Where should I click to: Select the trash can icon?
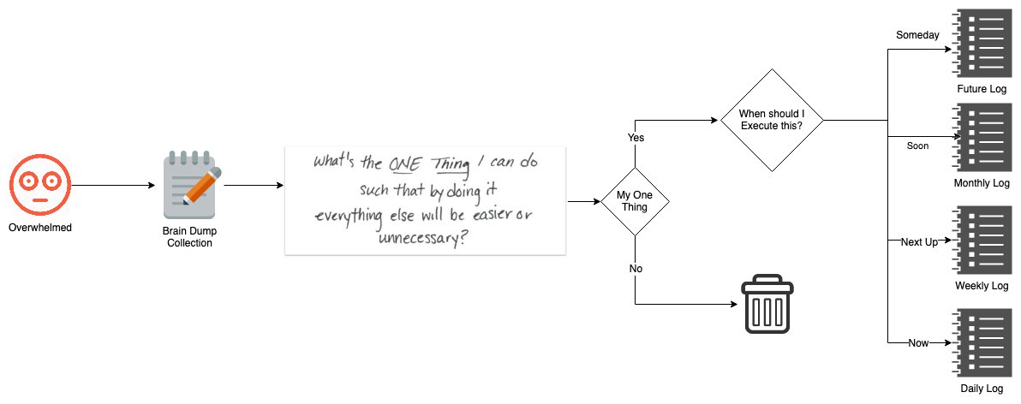tap(767, 304)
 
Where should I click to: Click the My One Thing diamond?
tap(635, 202)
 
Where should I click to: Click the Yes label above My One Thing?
tap(636, 137)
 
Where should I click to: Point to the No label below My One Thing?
tap(636, 269)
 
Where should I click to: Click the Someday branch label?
tap(917, 35)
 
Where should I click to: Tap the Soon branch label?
tap(917, 146)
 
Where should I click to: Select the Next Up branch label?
tap(919, 242)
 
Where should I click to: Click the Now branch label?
tap(918, 343)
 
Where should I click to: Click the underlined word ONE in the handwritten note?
tap(406, 163)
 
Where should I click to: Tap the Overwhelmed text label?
tap(40, 228)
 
